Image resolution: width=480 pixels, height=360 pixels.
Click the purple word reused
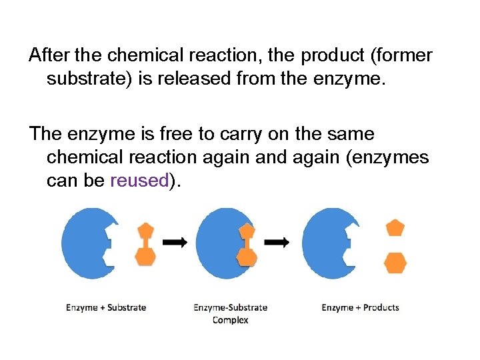pyautogui.click(x=139, y=181)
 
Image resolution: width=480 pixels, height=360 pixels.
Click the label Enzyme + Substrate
pyautogui.click(x=106, y=307)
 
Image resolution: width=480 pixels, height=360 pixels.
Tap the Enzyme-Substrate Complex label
pyautogui.click(x=231, y=313)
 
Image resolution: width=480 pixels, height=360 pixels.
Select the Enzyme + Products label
pyautogui.click(x=360, y=307)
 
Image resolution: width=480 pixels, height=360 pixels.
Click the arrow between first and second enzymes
pyautogui.click(x=175, y=243)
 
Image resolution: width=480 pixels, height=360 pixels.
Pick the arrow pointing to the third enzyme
pyautogui.click(x=277, y=243)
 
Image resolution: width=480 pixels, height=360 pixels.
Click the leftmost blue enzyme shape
pyautogui.click(x=85, y=243)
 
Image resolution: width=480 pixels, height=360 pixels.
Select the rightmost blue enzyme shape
pyautogui.click(x=326, y=243)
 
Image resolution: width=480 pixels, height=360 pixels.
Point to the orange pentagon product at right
pyautogui.click(x=396, y=228)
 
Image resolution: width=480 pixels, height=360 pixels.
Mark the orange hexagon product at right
pyautogui.click(x=395, y=263)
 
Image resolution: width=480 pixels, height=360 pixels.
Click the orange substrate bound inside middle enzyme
pyautogui.click(x=247, y=244)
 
